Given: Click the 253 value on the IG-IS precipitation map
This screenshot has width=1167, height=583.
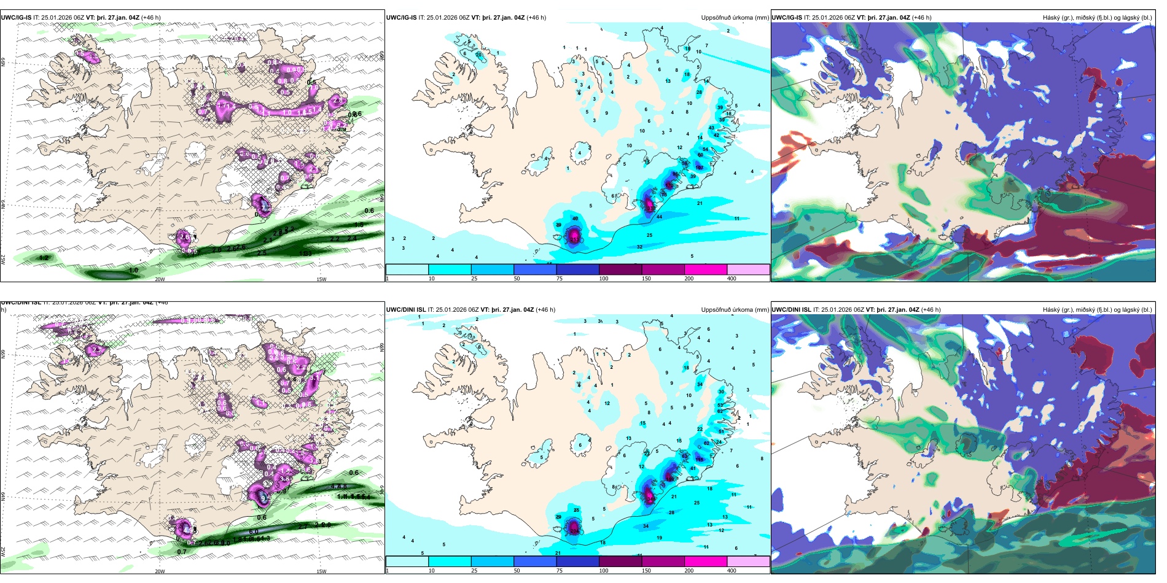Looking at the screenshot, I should pyautogui.click(x=574, y=239).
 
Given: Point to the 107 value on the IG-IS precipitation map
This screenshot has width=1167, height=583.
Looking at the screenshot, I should pyautogui.click(x=699, y=168).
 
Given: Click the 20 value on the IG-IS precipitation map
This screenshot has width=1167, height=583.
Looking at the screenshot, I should pyautogui.click(x=478, y=55).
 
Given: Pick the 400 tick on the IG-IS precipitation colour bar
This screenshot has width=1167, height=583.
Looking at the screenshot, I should pyautogui.click(x=732, y=279).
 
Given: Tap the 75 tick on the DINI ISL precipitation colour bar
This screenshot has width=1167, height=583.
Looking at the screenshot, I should pyautogui.click(x=560, y=571).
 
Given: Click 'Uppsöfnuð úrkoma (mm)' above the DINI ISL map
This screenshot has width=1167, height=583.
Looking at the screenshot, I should pyautogui.click(x=735, y=310).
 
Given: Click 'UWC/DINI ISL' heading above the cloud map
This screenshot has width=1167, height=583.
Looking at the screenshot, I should pyautogui.click(x=792, y=310).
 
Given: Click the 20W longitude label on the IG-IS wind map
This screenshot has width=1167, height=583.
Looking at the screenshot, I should pyautogui.click(x=160, y=279).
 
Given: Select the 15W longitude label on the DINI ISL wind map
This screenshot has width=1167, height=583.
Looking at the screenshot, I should pyautogui.click(x=321, y=571).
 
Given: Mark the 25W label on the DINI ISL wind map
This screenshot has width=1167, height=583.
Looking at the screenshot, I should pyautogui.click(x=4, y=550).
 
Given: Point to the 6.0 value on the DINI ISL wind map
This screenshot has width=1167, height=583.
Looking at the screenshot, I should pyautogui.click(x=254, y=531).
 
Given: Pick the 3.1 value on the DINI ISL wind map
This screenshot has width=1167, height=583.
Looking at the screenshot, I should pyautogui.click(x=314, y=379).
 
